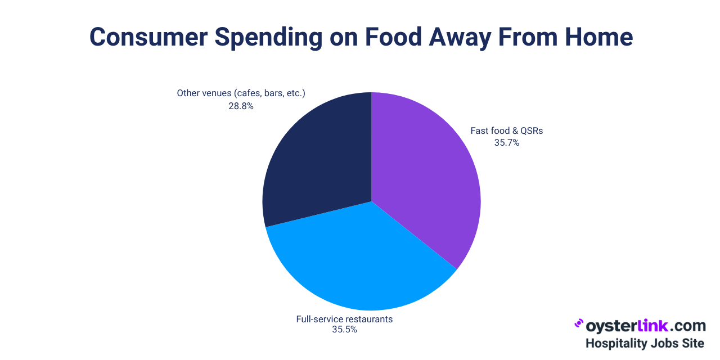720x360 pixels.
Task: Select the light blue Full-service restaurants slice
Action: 360,259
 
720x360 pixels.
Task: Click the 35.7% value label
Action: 506,143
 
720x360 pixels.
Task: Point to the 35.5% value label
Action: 344,330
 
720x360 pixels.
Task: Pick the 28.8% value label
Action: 241,105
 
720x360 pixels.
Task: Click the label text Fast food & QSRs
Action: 506,131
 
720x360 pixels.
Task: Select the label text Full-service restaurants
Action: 344,319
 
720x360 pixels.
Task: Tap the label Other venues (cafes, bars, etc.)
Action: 241,93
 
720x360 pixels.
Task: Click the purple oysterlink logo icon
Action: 578,325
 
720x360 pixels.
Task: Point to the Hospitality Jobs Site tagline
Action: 645,343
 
